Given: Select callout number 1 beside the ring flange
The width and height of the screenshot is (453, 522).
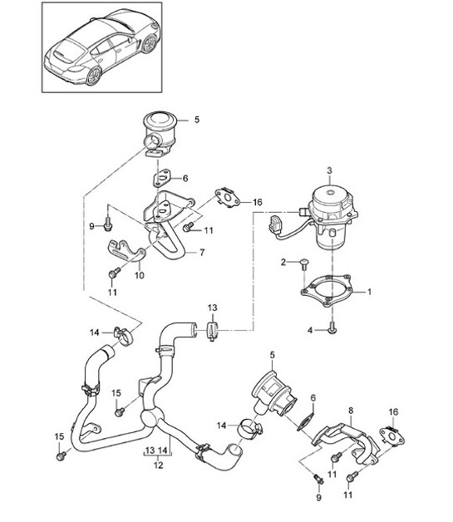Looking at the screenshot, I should coord(371,292).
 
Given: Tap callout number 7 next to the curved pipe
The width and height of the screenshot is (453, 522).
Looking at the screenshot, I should coord(200,252).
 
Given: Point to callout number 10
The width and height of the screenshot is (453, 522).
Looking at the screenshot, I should coord(139,275).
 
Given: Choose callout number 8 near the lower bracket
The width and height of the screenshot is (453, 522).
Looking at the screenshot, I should coord(350,410).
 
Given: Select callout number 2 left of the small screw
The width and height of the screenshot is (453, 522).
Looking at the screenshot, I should coord(283,263).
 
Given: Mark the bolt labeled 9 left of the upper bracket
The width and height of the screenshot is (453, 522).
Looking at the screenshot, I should coord(109,224).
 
